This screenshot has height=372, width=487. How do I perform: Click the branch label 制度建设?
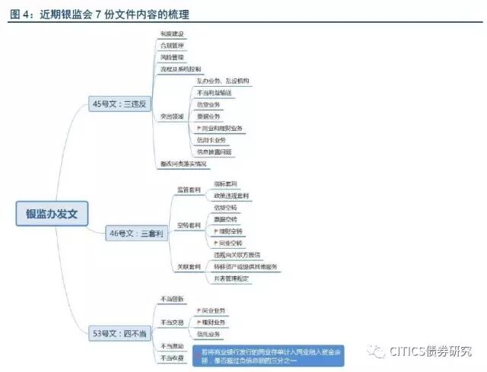(x=172, y=35)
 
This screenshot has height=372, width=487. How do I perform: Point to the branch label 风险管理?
(x=172, y=57)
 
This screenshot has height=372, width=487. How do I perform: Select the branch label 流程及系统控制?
(x=181, y=69)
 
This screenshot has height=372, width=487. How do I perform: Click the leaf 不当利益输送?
(x=214, y=92)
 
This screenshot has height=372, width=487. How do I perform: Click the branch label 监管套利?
(x=189, y=189)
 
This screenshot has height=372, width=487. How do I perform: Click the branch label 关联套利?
(x=189, y=267)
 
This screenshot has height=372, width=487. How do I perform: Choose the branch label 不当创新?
(x=172, y=299)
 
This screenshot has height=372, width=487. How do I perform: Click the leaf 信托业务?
(x=211, y=334)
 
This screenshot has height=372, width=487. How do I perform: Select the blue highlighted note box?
(x=270, y=355)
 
